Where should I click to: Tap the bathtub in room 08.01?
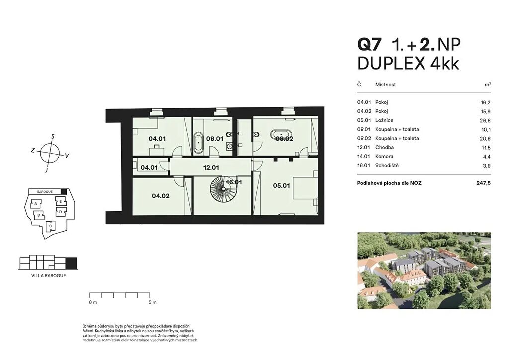click(x=198, y=143)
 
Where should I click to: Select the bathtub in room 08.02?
click(x=281, y=134)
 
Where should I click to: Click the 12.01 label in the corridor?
click(x=211, y=168)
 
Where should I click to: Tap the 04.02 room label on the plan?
click(x=161, y=196)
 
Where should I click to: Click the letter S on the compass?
click(x=53, y=136)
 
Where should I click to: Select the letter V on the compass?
click(x=67, y=156)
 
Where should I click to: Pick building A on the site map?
click(x=36, y=204)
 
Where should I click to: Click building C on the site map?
click(x=50, y=226)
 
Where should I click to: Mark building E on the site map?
click(x=60, y=201)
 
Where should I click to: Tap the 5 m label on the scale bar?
click(x=152, y=302)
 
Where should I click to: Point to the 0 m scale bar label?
click(x=93, y=302)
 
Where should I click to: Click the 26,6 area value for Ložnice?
click(x=485, y=120)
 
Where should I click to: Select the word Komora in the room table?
click(x=384, y=156)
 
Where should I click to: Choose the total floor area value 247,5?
click(x=483, y=183)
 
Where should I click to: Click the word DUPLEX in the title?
click(x=391, y=64)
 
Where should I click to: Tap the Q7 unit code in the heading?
click(x=368, y=44)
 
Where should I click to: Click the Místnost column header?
click(x=385, y=84)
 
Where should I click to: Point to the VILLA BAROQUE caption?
click(x=48, y=275)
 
